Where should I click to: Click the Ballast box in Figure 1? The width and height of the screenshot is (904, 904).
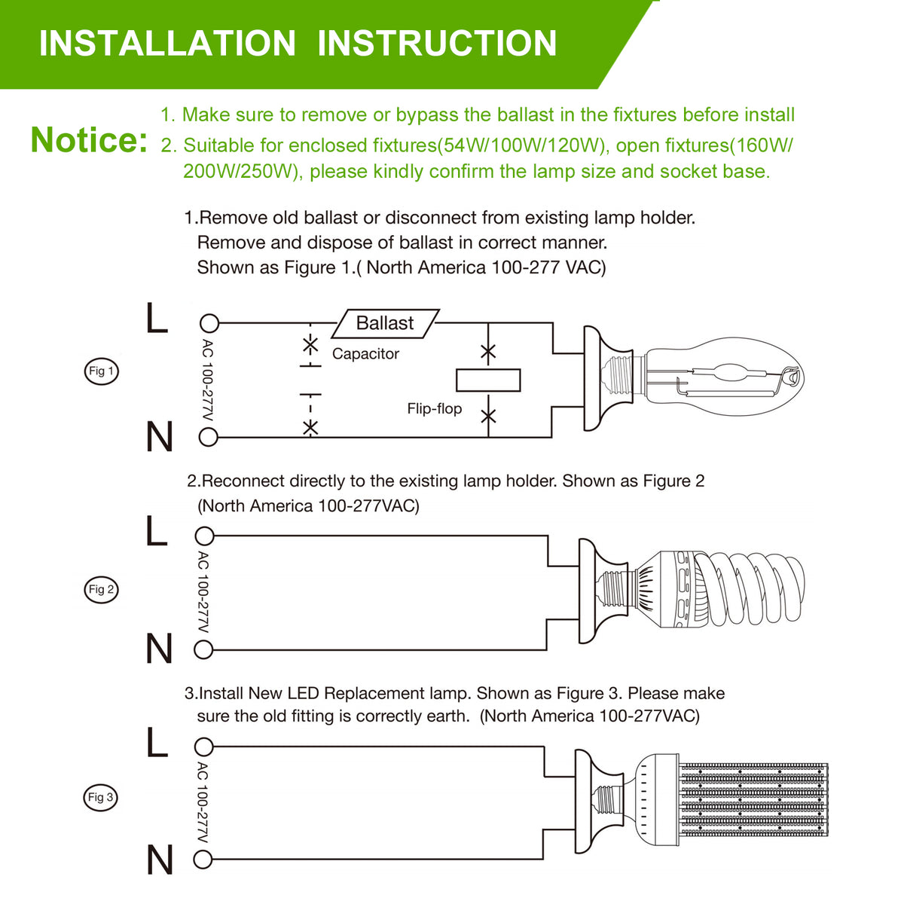[385, 323]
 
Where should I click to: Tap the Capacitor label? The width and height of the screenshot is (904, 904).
[365, 354]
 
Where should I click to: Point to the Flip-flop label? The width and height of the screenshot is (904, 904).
[434, 409]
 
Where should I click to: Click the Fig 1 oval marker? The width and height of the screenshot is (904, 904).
[101, 371]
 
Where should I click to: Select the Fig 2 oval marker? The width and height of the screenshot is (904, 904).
[101, 589]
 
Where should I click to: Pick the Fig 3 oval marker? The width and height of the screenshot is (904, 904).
[101, 797]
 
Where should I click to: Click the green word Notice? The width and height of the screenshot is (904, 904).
[89, 140]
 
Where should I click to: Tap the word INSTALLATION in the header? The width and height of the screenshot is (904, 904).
[167, 43]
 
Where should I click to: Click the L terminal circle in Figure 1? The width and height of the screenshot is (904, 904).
[209, 324]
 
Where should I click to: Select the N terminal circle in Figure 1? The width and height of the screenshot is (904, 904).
[209, 437]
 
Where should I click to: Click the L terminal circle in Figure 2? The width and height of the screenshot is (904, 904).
[203, 536]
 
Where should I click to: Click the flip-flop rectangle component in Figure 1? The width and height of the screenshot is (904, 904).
[488, 380]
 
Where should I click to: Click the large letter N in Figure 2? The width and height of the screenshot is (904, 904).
[159, 649]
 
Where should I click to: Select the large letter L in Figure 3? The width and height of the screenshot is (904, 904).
[157, 743]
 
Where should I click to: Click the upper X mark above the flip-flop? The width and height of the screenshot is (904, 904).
[488, 351]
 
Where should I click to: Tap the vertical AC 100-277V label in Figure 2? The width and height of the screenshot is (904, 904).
[203, 593]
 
